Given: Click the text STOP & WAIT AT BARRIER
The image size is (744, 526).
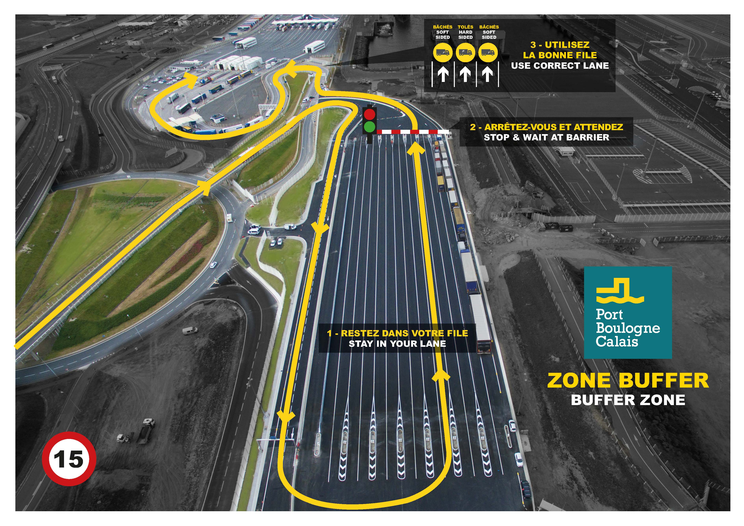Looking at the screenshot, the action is (x=546, y=137).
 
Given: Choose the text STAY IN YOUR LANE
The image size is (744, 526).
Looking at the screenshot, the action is (x=397, y=344).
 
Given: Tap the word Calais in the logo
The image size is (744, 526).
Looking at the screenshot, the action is (x=617, y=341).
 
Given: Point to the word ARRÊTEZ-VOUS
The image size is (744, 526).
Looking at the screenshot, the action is (x=517, y=127).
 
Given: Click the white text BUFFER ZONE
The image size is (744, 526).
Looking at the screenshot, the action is (x=628, y=400).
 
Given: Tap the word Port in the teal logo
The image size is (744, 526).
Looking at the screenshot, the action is (x=609, y=314).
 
